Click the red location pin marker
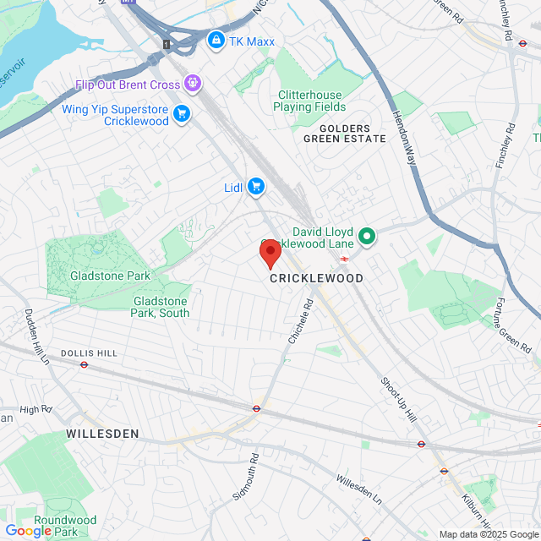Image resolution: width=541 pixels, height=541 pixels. click(x=270, y=253)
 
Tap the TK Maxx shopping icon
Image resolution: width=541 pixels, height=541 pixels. click(x=216, y=40)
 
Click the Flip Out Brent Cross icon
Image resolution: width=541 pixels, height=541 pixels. click(x=194, y=84)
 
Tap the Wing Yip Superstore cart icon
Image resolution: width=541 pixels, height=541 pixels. click(x=181, y=114)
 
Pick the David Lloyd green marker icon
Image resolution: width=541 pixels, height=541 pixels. click(x=367, y=236)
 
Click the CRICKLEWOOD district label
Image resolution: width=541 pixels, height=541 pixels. click(x=316, y=278)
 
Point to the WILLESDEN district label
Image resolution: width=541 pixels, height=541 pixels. click(x=102, y=434)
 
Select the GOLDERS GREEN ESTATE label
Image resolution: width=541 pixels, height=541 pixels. click(x=344, y=133)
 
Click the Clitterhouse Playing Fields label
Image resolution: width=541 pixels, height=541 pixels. click(x=309, y=101)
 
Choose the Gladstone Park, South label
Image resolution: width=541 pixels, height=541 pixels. click(x=161, y=306)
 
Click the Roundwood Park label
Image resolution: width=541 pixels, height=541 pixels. click(x=65, y=526)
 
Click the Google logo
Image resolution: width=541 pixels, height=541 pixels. click(x=29, y=531)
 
